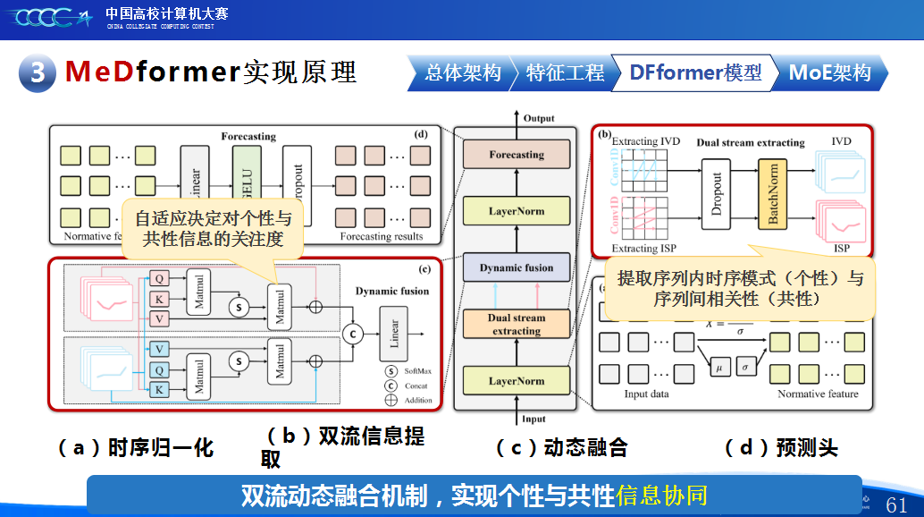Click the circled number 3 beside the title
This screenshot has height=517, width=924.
click(38, 72)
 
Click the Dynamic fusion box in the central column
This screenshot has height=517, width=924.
click(517, 267)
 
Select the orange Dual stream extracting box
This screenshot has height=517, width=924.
click(517, 325)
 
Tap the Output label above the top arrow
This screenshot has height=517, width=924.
click(539, 118)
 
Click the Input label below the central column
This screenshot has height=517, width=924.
click(533, 419)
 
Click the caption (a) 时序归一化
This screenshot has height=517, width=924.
click(136, 448)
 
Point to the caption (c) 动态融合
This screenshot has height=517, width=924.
click(562, 448)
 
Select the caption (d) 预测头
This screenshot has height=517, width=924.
click(781, 448)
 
